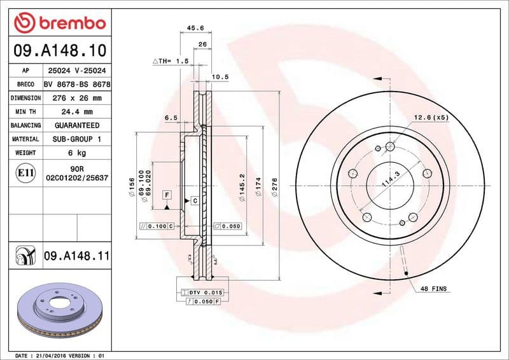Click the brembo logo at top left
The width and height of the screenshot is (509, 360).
[59, 23]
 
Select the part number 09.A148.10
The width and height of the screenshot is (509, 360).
[59, 50]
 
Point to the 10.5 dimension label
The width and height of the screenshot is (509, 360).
[220, 77]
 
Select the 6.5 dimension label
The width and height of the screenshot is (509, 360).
[171, 118]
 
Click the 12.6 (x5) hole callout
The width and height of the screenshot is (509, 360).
[431, 118]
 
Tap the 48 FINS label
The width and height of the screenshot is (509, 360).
[434, 289]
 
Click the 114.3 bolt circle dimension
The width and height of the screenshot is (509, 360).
[389, 179]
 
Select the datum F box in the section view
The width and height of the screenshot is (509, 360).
[166, 194]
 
